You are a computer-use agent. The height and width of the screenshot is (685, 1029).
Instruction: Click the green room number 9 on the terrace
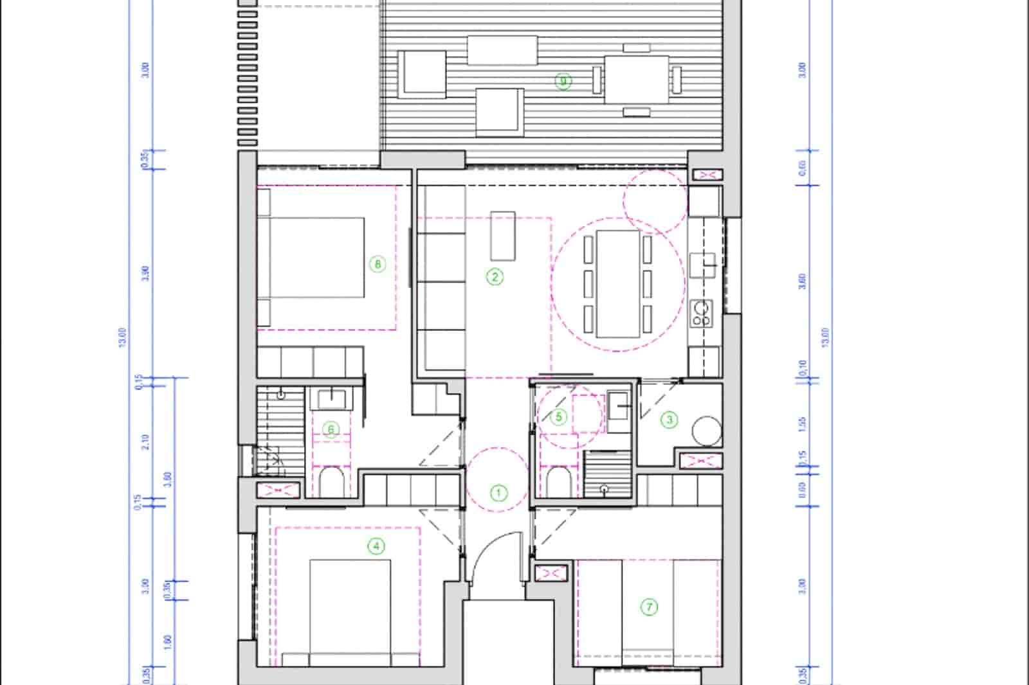point(563,82)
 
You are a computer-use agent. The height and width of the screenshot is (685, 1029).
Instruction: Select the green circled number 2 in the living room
point(495,277)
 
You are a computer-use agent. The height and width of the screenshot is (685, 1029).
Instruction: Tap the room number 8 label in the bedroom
point(378,263)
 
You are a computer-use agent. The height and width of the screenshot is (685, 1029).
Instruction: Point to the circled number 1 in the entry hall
point(499,494)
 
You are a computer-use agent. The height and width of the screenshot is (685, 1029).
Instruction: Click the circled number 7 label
point(650,607)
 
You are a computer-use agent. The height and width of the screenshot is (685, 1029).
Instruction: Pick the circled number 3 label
point(669,420)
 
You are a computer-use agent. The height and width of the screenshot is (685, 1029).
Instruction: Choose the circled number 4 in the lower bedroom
point(376,547)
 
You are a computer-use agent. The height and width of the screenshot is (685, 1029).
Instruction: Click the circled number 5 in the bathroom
point(558,417)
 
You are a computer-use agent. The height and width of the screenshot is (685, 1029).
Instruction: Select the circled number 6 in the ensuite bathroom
point(331,429)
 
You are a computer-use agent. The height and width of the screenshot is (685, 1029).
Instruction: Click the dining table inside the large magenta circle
point(617,283)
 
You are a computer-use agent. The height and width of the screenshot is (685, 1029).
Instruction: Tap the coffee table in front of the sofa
point(503,235)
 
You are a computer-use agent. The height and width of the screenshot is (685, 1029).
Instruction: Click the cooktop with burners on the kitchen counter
point(701,313)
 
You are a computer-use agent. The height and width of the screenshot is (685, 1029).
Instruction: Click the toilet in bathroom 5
point(557,481)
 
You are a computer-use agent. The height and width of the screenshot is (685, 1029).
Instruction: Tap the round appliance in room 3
point(707,431)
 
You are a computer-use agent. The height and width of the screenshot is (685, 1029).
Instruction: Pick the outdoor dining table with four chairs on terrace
point(636,80)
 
